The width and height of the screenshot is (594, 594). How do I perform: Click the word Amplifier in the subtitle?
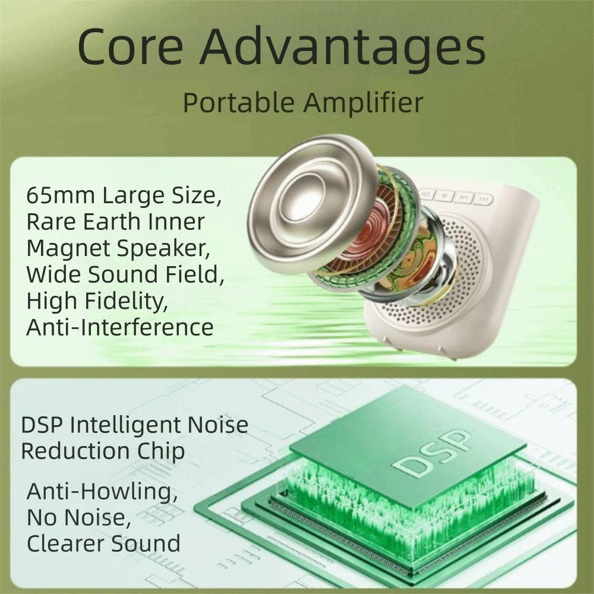(364, 103)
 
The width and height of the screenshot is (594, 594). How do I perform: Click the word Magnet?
(65, 248)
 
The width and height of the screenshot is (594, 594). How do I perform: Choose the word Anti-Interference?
(119, 327)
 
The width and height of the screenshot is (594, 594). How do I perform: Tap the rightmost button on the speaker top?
(485, 200)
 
